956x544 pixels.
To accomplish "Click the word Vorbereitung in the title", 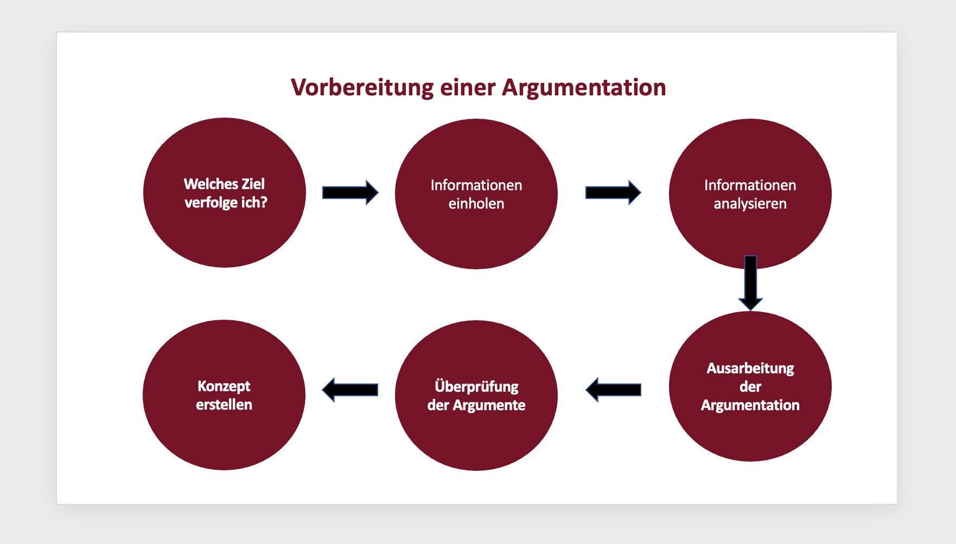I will click(362, 87).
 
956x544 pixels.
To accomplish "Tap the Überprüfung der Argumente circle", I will click(476, 433).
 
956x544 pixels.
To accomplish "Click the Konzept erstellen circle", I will click(224, 433).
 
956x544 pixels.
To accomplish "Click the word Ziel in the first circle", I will click(253, 184).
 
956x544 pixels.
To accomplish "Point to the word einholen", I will click(476, 204).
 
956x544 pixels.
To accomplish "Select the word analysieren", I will click(750, 204).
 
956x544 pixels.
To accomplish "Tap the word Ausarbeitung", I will click(750, 368).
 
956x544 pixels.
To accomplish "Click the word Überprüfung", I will click(476, 386).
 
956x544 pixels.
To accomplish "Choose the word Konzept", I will click(224, 386).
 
